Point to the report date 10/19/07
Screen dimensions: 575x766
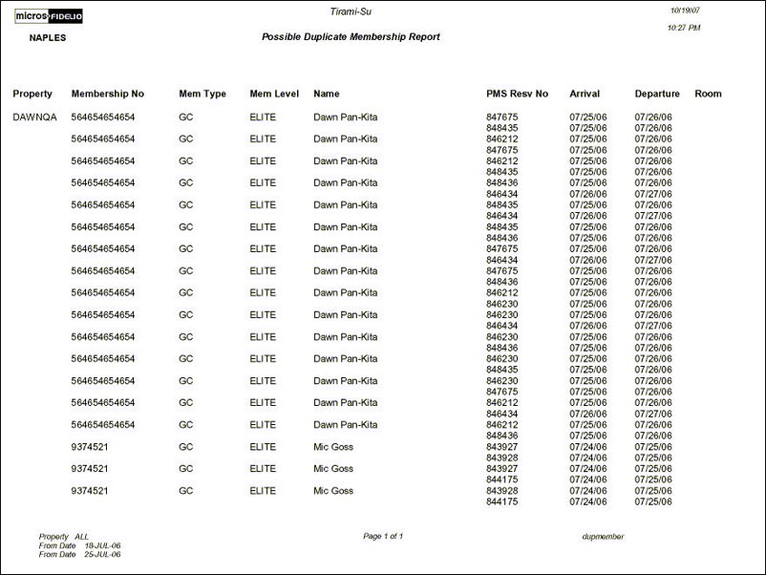(686, 10)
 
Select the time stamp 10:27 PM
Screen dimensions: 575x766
(684, 28)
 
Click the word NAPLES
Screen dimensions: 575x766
(48, 38)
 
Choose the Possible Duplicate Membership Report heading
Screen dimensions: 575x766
(351, 36)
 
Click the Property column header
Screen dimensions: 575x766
(32, 94)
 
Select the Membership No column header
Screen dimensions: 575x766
(107, 94)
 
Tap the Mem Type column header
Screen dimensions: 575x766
(202, 94)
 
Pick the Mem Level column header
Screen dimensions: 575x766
(274, 94)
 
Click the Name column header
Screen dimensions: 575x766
(327, 94)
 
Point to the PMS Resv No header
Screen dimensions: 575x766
(517, 94)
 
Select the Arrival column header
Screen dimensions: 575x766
(585, 94)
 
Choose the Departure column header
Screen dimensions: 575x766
(657, 94)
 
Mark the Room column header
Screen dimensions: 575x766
(708, 94)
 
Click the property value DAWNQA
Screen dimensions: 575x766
(34, 117)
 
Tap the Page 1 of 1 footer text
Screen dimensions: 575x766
(383, 536)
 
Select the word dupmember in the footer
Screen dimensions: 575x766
(603, 537)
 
